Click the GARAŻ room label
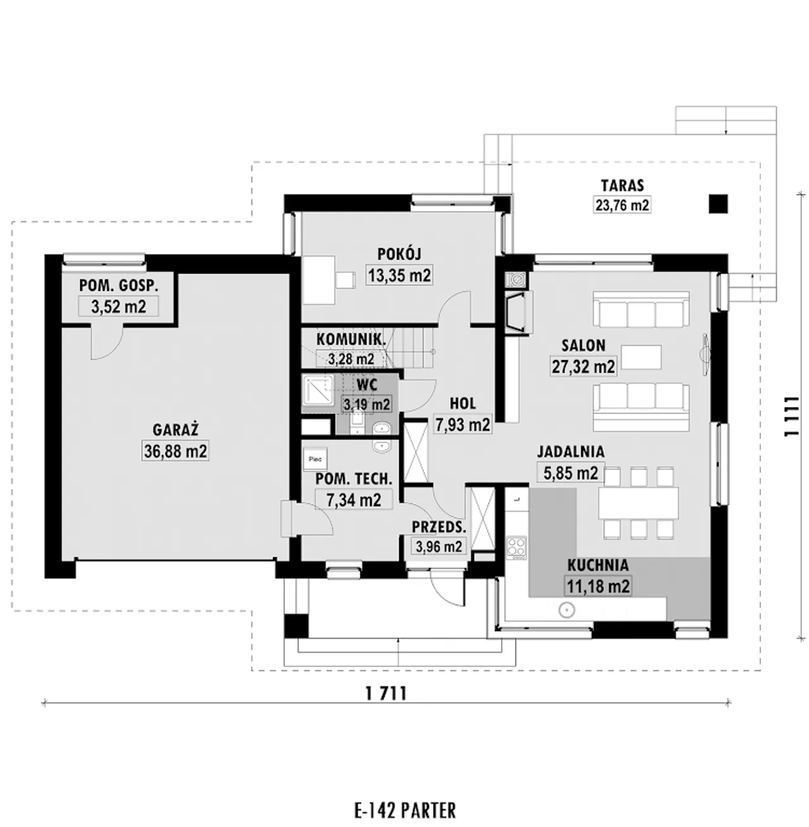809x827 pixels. coord(176,430)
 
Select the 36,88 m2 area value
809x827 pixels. coord(176,451)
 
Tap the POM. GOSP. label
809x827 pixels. coord(119,286)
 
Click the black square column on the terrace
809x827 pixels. coord(718,203)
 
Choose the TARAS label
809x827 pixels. coord(623,186)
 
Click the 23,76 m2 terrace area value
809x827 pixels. coord(623,205)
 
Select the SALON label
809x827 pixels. coord(583,346)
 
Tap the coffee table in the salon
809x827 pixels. coord(641,357)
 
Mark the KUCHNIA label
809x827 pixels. coord(598,565)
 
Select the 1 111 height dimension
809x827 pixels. coord(791,416)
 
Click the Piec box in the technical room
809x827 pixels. coord(315,459)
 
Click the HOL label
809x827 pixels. coord(463,403)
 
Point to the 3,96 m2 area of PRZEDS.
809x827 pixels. coord(438,546)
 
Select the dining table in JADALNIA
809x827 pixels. coord(638,503)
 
